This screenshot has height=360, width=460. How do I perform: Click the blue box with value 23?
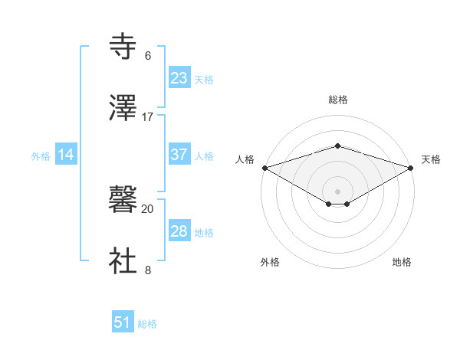[x=179, y=78]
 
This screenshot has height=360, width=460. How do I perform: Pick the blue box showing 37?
[x=179, y=155]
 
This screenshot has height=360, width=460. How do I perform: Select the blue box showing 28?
[x=179, y=231]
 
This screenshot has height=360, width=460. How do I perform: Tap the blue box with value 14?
[x=66, y=155]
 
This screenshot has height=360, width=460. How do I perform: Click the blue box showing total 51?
[x=123, y=322]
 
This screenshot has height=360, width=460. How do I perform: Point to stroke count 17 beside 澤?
[x=148, y=117]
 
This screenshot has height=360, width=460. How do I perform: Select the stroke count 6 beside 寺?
[x=148, y=56]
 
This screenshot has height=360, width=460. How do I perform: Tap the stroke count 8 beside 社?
[x=148, y=270]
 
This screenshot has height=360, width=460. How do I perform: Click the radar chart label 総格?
[x=338, y=100]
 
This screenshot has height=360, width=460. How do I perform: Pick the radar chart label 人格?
[x=245, y=159]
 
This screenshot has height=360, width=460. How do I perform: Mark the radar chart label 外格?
[x=270, y=263]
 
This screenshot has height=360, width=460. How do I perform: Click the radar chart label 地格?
[x=402, y=263]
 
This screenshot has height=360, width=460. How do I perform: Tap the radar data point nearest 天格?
[x=411, y=168]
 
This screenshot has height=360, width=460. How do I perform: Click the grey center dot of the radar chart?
[x=338, y=191]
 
